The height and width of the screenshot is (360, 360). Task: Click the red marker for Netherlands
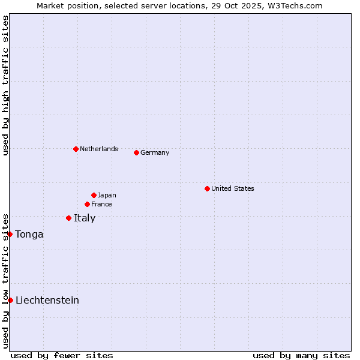(76, 149)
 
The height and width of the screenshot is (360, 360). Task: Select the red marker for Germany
(136, 152)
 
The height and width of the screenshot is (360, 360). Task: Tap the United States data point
(207, 188)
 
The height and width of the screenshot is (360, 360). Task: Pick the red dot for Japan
(94, 195)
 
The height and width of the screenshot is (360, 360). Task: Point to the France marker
(87, 204)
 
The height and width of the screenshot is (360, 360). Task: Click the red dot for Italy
(68, 218)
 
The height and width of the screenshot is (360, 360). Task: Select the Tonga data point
(10, 234)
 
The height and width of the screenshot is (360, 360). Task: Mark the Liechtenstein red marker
(10, 300)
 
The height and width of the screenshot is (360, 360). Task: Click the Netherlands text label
(99, 149)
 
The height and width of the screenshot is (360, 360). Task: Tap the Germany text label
(155, 152)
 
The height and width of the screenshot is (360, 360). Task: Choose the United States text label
(233, 188)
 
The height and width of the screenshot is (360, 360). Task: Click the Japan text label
(107, 195)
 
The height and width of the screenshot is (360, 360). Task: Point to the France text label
(101, 204)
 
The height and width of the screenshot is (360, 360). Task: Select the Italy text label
(85, 218)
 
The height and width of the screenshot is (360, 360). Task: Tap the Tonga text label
(29, 234)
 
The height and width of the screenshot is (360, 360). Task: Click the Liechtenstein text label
(47, 300)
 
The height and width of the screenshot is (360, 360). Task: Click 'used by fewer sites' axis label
(62, 355)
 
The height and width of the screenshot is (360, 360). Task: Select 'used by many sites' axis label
(301, 355)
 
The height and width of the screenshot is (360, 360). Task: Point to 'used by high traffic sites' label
(5, 85)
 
